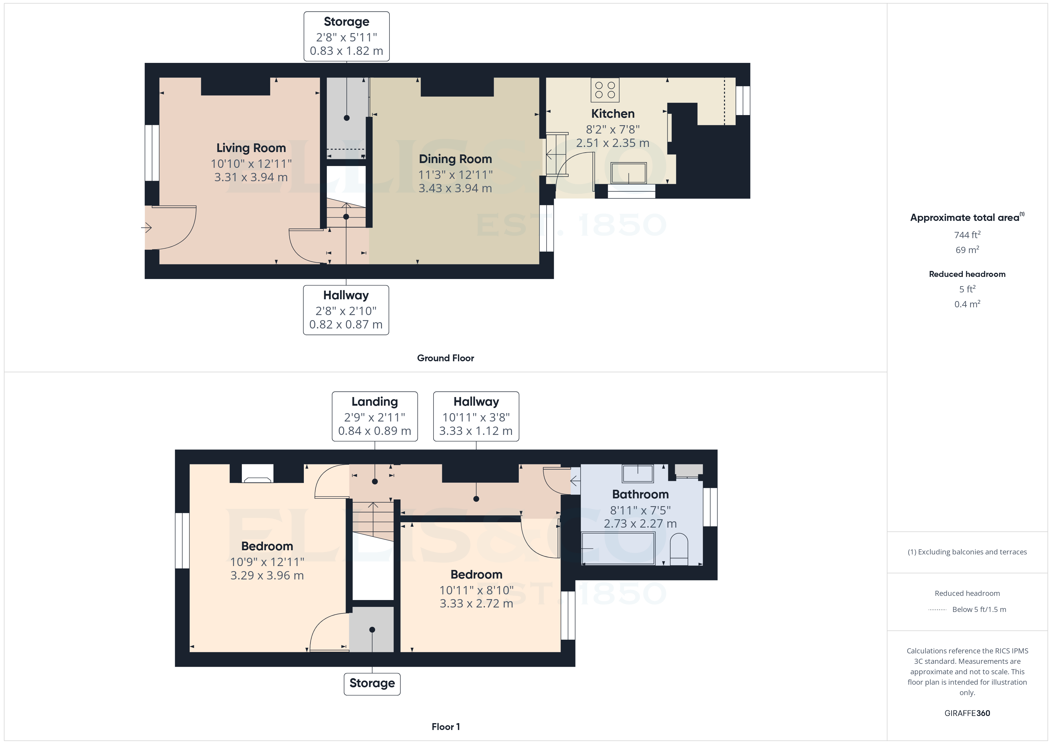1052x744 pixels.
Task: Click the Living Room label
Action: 251,148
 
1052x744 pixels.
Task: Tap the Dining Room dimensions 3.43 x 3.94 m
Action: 455,188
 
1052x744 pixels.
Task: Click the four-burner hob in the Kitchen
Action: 605,90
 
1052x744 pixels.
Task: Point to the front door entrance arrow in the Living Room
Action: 147,227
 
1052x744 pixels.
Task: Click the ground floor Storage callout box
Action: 346,36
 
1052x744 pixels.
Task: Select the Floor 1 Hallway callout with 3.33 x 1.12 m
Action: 476,416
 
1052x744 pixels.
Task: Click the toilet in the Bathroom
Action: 679,550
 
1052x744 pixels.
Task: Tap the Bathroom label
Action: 640,494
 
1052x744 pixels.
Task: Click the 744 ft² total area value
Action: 967,235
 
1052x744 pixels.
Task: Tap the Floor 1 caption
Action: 445,727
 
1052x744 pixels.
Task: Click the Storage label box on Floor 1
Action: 372,683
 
